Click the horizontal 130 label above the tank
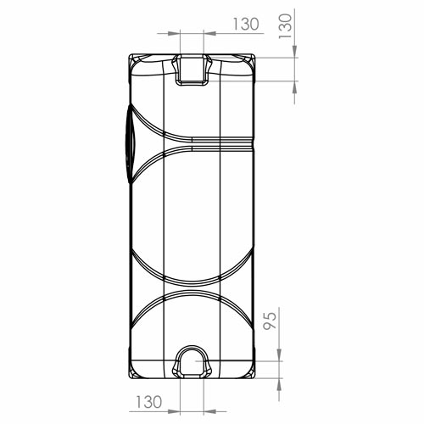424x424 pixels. [x=246, y=24]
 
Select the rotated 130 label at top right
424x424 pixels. [x=285, y=26]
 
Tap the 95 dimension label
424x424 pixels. [x=270, y=321]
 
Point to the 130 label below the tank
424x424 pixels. [x=149, y=402]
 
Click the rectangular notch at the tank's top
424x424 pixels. [x=192, y=70]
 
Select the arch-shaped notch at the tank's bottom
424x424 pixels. [x=192, y=362]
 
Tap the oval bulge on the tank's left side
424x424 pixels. [x=131, y=144]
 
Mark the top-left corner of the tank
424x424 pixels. [x=129, y=54]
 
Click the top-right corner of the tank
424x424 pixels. [x=255, y=54]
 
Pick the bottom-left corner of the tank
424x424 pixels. [x=129, y=378]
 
